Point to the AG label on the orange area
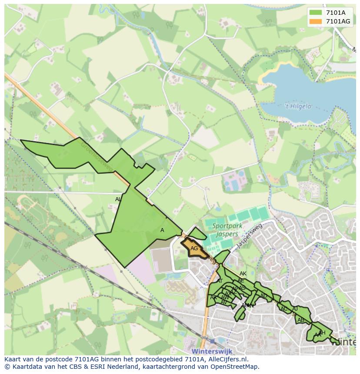(x=194, y=248)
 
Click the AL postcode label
(x=118, y=199)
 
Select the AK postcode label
(x=243, y=274)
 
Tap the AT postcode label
(x=220, y=281)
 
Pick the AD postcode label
(x=263, y=296)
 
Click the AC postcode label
(x=284, y=309)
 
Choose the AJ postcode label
(x=295, y=309)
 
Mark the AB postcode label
(x=301, y=320)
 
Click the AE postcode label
(x=241, y=281)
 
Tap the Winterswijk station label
(x=212, y=351)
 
